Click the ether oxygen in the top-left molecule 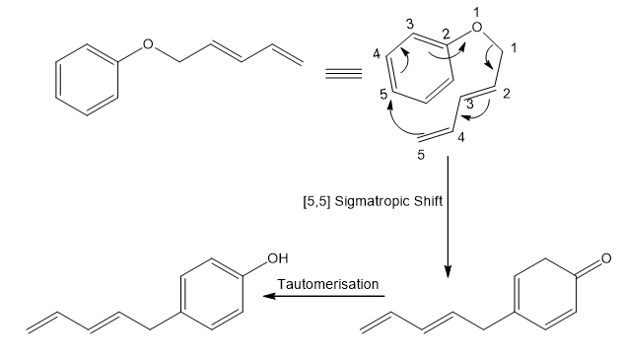148,44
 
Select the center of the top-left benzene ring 87,80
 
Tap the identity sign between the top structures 344,74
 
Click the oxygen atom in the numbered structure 477,27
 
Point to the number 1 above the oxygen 477,12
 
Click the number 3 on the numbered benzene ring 410,25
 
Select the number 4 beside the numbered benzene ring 377,53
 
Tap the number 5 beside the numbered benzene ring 383,95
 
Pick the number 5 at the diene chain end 421,155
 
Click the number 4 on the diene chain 461,137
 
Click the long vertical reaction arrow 448,217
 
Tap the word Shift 428,201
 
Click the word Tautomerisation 328,284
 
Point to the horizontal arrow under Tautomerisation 323,296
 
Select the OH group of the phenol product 278,258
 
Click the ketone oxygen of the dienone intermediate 606,258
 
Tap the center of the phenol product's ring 212,294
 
